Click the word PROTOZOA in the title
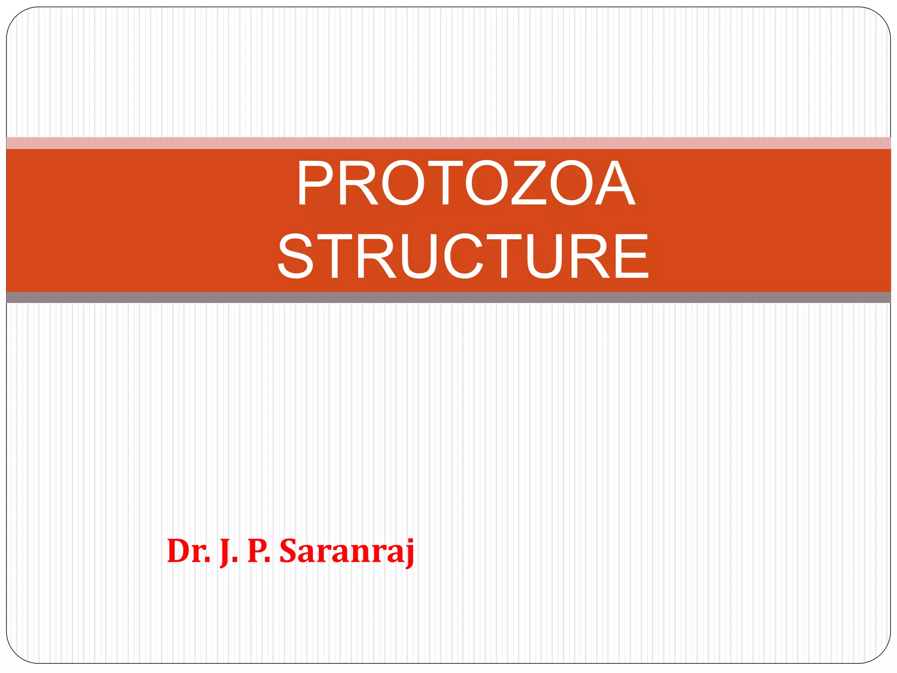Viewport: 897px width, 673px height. [x=466, y=183]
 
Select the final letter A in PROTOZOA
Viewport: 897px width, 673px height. [x=614, y=183]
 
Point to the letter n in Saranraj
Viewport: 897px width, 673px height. [x=356, y=553]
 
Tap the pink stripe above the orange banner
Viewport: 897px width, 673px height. [x=448, y=143]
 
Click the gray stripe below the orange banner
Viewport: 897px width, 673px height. [x=448, y=298]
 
